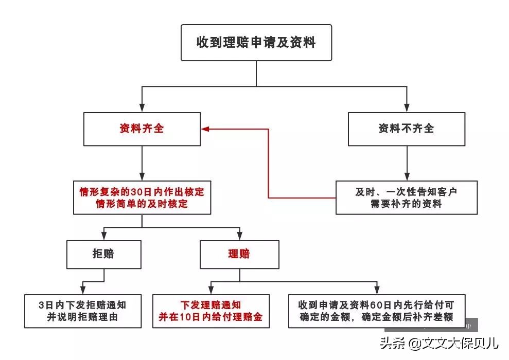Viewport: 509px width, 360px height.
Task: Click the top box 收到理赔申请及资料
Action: [x=256, y=42]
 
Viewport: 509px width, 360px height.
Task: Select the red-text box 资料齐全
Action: [x=142, y=129]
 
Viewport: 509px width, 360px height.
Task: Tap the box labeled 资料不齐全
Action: [x=406, y=129]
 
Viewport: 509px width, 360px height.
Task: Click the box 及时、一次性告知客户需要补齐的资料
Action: [x=406, y=197]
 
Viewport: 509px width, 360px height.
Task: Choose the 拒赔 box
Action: [x=103, y=254]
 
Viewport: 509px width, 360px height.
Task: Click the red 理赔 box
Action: [x=239, y=254]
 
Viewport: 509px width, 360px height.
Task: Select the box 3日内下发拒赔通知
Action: [x=82, y=311]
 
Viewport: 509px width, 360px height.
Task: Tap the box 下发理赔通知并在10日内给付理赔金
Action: [x=210, y=311]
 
